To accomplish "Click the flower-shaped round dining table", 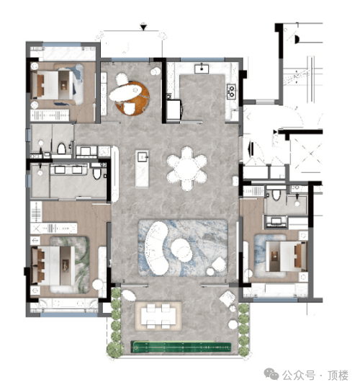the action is (186, 169).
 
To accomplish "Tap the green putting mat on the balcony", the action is (181, 347).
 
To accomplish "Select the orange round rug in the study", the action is (132, 98).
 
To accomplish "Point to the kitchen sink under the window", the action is (202, 68).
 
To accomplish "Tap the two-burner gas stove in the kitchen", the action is (231, 92).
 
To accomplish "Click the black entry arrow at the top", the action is (143, 27).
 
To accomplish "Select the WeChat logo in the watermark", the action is (271, 374).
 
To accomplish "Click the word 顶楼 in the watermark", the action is (338, 375).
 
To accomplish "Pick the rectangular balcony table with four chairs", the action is (158, 316).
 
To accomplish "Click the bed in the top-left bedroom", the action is (53, 85).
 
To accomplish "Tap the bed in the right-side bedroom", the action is (286, 256).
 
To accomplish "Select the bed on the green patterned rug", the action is (53, 265).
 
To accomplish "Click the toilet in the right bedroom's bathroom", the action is (276, 195).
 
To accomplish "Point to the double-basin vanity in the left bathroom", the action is (69, 170).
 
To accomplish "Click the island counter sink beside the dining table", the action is (143, 157).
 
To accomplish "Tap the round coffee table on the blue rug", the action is (181, 249).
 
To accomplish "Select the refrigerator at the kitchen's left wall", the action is (174, 110).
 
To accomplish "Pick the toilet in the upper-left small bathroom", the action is (61, 149).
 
